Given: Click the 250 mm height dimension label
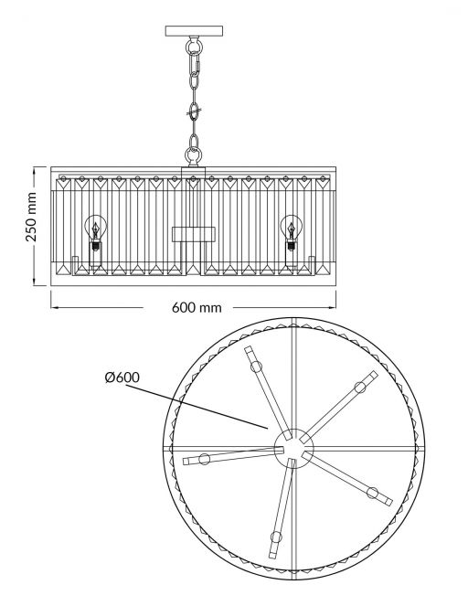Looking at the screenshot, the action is tap(31, 217).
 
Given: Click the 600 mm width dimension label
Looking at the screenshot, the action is tap(197, 308).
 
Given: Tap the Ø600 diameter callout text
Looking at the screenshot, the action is tap(122, 377).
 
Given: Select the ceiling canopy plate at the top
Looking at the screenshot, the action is tap(195, 31).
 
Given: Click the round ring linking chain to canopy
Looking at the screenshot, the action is tap(194, 47).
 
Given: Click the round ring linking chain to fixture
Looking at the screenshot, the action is tap(193, 155).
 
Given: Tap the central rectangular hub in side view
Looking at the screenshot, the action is tap(194, 234).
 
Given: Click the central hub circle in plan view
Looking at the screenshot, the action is tap(293, 448).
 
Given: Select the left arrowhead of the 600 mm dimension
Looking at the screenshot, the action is tap(55, 308).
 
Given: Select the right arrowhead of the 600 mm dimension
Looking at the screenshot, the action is tap(332, 308).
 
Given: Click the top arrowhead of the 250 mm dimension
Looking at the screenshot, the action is tap(35, 171).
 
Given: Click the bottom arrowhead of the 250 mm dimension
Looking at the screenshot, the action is tap(35, 282).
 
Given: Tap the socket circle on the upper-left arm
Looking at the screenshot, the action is tap(256, 366).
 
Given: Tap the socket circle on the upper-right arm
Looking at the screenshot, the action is tap(360, 387).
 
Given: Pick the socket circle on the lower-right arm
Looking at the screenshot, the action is tap(373, 493).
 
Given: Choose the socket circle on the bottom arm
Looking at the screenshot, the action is tap(276, 537).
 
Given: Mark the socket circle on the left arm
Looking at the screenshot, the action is tap(204, 459).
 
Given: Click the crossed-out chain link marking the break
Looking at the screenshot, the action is tap(195, 112).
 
